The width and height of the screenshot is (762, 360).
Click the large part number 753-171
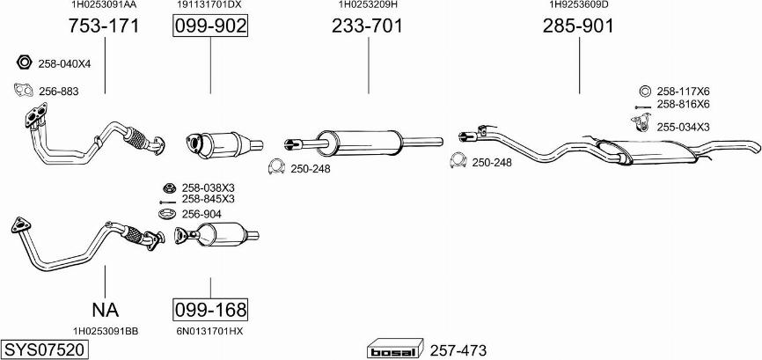104,26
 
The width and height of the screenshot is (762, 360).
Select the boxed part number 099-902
210,26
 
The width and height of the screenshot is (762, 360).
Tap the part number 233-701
368,26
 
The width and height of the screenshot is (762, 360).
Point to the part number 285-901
578,26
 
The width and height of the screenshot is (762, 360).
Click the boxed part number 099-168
210,309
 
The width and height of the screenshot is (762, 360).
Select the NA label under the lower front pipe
105,309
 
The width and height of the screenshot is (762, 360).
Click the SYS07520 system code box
45,349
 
